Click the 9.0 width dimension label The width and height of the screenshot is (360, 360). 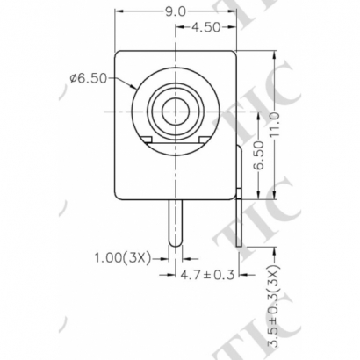(x=176, y=11)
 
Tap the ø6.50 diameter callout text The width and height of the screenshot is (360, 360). (x=88, y=78)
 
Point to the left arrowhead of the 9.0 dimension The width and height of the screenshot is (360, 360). (x=120, y=11)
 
